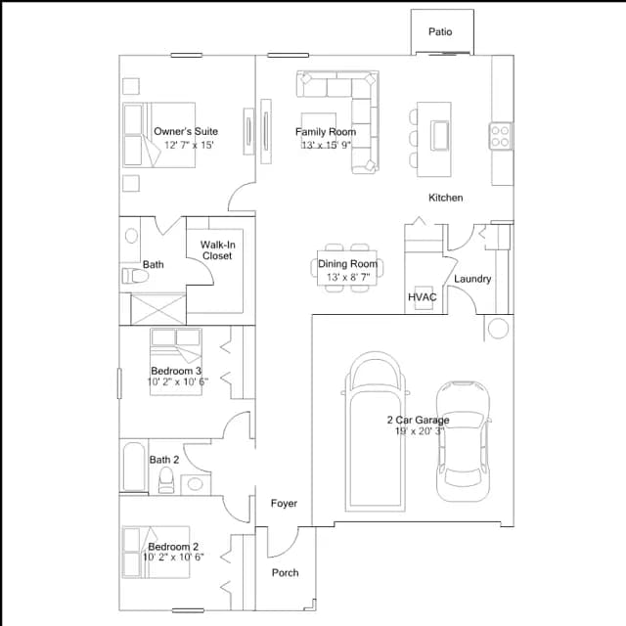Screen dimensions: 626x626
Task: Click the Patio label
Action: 440,31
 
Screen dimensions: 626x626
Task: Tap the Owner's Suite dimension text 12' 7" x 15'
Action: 189,145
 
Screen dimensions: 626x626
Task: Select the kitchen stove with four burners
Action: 501,136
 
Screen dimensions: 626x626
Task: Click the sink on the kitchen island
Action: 439,135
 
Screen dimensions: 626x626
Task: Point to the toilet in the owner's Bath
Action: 134,276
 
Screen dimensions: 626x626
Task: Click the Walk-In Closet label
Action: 217,250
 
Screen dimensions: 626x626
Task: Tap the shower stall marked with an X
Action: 158,309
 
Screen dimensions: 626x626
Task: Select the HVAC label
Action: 422,297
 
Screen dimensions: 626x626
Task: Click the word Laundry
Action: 472,279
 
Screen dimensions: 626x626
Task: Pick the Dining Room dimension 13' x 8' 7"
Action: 348,277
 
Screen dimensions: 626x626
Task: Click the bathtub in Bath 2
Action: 134,467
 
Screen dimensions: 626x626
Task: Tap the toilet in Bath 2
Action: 166,480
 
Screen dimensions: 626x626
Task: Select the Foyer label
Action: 284,503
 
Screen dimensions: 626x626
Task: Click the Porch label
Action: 285,572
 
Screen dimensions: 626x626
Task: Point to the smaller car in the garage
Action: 463,441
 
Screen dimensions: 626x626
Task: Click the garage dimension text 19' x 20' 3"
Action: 420,431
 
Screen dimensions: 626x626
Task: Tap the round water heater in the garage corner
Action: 498,329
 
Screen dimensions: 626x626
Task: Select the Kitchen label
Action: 446,198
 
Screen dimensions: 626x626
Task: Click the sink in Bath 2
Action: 196,484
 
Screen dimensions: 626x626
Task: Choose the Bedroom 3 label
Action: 176,371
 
